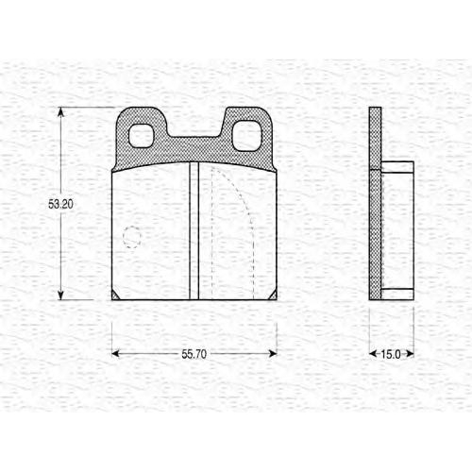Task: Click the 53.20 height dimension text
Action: pyautogui.click(x=60, y=204)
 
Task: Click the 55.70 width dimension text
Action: pyautogui.click(x=194, y=354)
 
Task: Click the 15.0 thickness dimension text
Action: pyautogui.click(x=391, y=354)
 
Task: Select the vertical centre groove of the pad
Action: pyautogui.click(x=194, y=230)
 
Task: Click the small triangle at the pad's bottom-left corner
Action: pyautogui.click(x=115, y=295)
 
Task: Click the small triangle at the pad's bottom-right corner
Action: pyautogui.click(x=273, y=295)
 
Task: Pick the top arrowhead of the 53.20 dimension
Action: pyautogui.click(x=60, y=112)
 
